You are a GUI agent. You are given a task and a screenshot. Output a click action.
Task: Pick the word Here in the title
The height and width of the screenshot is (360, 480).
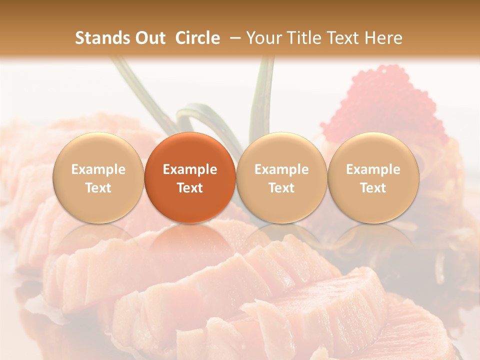(x=383, y=38)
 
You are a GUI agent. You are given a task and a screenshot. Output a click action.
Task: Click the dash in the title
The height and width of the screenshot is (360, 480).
(x=233, y=38)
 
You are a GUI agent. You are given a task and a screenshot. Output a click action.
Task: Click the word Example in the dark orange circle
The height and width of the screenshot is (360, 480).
(x=190, y=169)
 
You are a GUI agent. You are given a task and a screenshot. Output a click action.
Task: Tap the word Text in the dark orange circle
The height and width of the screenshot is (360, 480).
(x=190, y=188)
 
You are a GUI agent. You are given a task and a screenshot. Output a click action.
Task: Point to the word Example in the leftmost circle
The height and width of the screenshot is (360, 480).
(x=98, y=169)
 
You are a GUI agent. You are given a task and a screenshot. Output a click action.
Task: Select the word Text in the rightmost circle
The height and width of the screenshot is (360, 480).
(x=373, y=188)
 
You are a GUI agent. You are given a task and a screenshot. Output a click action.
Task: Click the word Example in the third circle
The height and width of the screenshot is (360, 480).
(x=281, y=169)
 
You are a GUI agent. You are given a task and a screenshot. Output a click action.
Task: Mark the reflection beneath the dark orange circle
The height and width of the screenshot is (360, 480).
(x=190, y=240)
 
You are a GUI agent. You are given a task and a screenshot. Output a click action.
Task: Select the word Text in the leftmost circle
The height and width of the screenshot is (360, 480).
(x=98, y=188)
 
